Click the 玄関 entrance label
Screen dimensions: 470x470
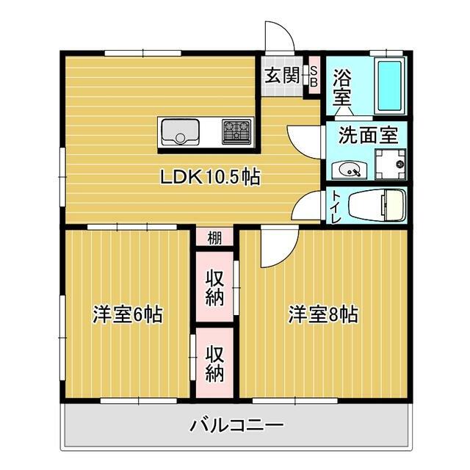pyautogui.click(x=280, y=75)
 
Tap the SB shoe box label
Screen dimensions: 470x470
pyautogui.click(x=314, y=76)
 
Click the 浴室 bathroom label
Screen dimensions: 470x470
pyautogui.click(x=341, y=86)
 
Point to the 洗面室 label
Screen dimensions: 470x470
pyautogui.click(x=367, y=135)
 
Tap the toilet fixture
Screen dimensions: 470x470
pyautogui.click(x=375, y=205)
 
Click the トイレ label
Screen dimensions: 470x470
pyautogui.click(x=335, y=206)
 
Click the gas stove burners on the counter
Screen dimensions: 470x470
pyautogui.click(x=236, y=132)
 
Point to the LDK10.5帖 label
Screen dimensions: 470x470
pyautogui.click(x=211, y=177)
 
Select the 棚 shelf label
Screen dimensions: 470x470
pyautogui.click(x=214, y=237)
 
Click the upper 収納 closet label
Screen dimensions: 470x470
pyautogui.click(x=214, y=287)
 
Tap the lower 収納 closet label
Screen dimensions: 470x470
pyautogui.click(x=214, y=363)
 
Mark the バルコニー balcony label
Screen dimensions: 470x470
pyautogui.click(x=236, y=424)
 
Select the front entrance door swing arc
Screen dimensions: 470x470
pyautogui.click(x=277, y=34)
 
